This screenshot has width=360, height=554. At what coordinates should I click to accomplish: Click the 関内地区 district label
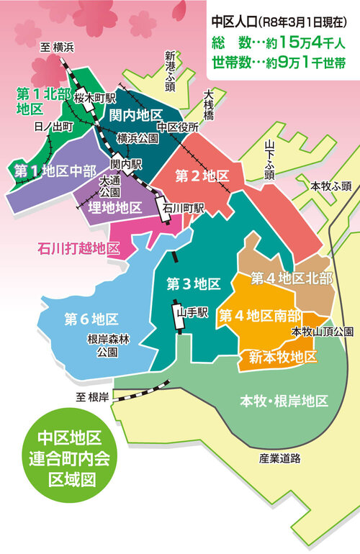(x=135, y=114)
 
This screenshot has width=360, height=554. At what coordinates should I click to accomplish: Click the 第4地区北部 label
(x=292, y=278)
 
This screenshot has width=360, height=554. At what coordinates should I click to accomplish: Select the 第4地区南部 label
(x=261, y=316)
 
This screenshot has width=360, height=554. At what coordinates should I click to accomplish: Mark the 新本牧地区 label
(x=283, y=356)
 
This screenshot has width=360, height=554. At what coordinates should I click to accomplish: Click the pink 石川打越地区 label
(x=78, y=248)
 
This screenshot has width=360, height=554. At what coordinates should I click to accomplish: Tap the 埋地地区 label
(x=114, y=206)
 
